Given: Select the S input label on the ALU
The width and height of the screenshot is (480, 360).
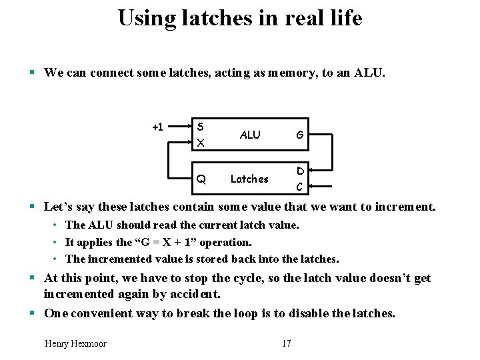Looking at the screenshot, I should tap(201, 127).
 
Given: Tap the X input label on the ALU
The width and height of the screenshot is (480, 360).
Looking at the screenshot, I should tap(201, 143).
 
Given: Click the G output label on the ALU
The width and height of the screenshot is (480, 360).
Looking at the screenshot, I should tap(300, 135).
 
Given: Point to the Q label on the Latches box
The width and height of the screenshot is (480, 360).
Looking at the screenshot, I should tap(201, 179).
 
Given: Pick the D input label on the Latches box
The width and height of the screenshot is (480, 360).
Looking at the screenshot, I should tap(301, 171).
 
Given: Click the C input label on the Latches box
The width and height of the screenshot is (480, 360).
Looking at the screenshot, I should tap(301, 187).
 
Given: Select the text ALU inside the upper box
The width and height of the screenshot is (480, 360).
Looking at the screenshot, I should tap(250, 135).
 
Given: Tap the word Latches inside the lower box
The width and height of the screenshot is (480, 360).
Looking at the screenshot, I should tap(249, 179).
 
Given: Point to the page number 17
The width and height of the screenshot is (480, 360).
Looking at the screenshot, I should tap(287, 343).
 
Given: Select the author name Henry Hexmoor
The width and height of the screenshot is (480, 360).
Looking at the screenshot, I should tap(75, 343).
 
